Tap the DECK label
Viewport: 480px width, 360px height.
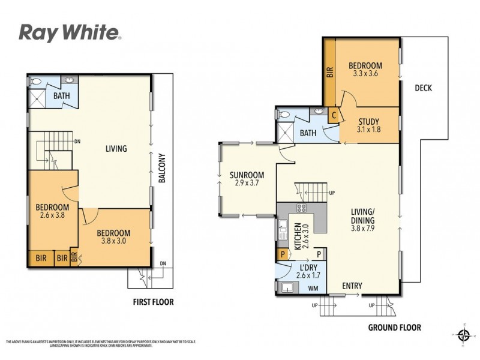[x=423, y=88]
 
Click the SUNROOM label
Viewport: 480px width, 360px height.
[x=243, y=175]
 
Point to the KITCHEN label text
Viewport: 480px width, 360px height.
[x=297, y=236]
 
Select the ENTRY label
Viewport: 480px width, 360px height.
[x=352, y=286]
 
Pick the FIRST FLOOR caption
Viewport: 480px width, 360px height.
[x=153, y=302]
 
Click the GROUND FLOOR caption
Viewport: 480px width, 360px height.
[x=395, y=328]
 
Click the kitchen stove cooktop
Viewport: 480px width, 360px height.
[x=301, y=209]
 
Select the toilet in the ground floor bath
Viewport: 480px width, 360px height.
[x=284, y=114]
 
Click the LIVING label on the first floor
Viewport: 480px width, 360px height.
[x=115, y=148]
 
